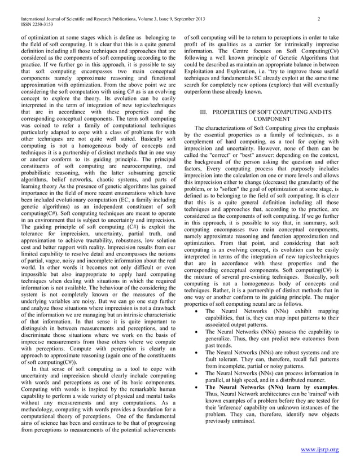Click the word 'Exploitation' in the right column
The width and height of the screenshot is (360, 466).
pos(203,76)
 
